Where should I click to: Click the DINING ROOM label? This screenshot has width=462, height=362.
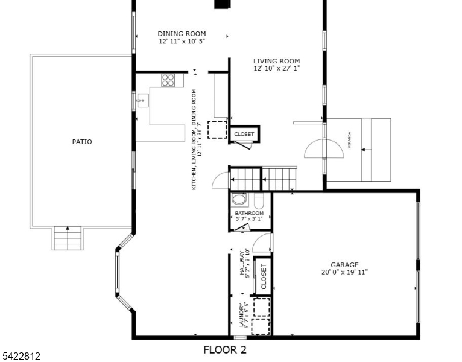182,34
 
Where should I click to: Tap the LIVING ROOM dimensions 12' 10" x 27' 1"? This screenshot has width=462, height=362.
276,69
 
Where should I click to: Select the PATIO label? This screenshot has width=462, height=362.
82,142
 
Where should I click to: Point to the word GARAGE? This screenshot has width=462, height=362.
344,265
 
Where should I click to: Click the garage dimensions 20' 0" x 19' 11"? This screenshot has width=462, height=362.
344,272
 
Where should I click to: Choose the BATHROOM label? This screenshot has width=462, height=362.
249,213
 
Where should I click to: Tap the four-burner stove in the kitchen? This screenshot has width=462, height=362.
168,80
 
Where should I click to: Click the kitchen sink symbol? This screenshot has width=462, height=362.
142,101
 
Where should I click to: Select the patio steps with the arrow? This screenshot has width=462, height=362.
67,238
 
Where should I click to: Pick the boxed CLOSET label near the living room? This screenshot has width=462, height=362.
244,134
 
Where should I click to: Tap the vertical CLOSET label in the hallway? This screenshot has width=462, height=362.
264,276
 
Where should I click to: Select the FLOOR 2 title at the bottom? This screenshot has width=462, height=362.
224,349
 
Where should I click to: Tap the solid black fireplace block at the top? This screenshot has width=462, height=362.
222,4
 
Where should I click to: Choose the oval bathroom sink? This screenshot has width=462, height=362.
239,200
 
